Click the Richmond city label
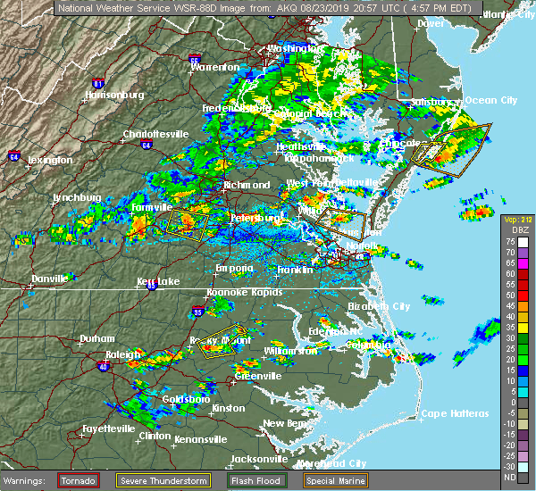pyautogui.click(x=247, y=186)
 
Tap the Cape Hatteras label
pyautogui.click(x=456, y=413)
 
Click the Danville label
pyautogui.click(x=49, y=279)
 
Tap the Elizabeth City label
pyautogui.click(x=379, y=306)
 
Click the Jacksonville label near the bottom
pyautogui.click(x=259, y=459)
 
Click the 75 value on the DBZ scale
pyautogui.click(x=508, y=241)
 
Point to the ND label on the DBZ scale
pyautogui.click(x=508, y=476)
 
